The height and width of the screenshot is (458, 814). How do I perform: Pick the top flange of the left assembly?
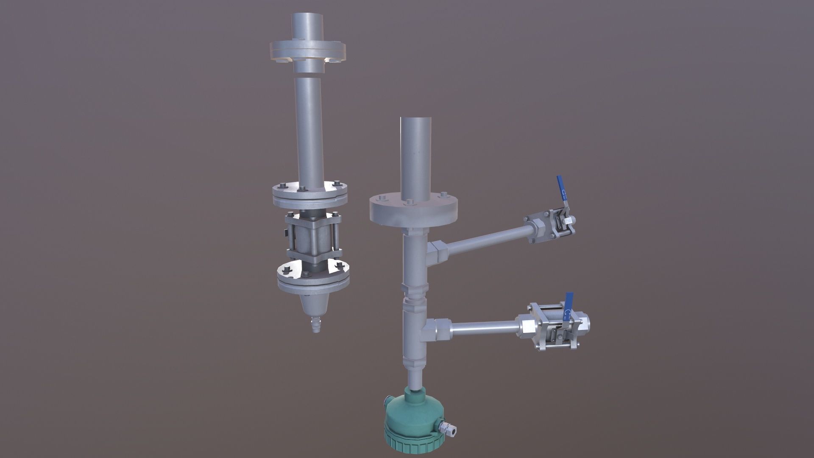point(308,51)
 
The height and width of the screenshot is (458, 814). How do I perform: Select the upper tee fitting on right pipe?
point(437,254)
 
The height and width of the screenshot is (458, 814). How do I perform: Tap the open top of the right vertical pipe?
point(415,120)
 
